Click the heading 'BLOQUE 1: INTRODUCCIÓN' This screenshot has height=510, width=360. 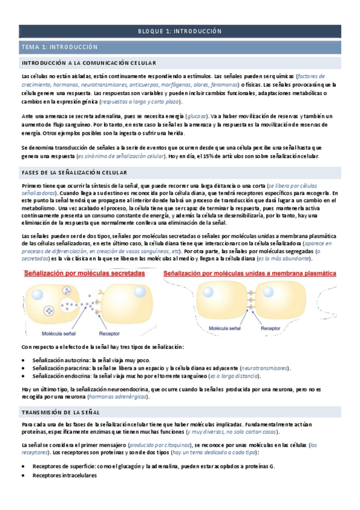coord(180,31)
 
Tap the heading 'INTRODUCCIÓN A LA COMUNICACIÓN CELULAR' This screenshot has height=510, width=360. coord(89,63)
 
